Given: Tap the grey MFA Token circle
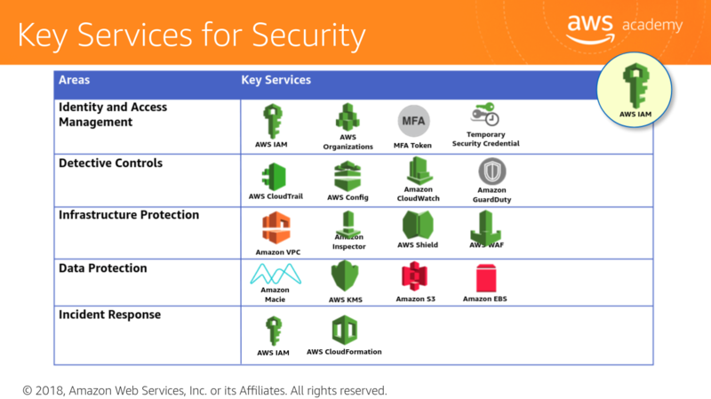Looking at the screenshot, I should pyautogui.click(x=411, y=120).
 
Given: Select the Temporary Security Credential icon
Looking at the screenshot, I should pyautogui.click(x=485, y=116).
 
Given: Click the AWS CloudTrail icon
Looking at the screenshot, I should pyautogui.click(x=274, y=175).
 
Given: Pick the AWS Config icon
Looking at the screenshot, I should pyautogui.click(x=348, y=175).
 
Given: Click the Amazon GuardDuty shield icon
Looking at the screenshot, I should pyautogui.click(x=492, y=171).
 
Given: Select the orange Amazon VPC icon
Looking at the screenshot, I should pyautogui.click(x=276, y=227).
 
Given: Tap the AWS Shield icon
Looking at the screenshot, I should pyautogui.click(x=418, y=225).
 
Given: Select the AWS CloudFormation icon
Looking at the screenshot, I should pyautogui.click(x=344, y=331).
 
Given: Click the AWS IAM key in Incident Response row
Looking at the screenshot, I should pyautogui.click(x=274, y=331).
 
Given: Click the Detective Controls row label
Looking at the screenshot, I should pyautogui.click(x=110, y=164).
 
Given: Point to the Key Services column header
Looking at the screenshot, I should pyautogui.click(x=276, y=80).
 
